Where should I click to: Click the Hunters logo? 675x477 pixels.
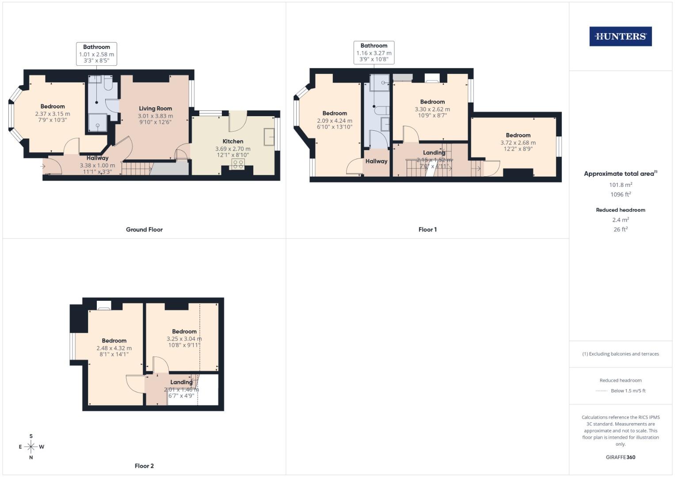click(x=620, y=37)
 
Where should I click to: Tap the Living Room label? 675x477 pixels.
click(x=155, y=109)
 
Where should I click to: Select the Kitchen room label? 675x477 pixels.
click(x=233, y=141)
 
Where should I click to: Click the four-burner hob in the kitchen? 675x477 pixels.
click(x=238, y=164)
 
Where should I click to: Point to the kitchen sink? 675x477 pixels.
click(x=269, y=136)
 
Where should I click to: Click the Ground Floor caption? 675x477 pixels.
click(x=144, y=230)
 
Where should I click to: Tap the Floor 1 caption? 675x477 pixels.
click(x=427, y=230)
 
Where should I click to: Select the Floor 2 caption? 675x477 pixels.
click(x=144, y=466)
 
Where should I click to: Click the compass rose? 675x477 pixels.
click(x=31, y=447)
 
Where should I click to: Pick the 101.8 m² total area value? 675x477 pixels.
click(x=620, y=185)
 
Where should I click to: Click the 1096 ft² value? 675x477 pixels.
click(x=620, y=194)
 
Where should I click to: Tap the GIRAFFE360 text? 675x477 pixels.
click(x=620, y=457)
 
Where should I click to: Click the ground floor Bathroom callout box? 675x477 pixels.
click(x=96, y=54)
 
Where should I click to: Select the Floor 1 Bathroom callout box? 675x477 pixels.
click(x=374, y=53)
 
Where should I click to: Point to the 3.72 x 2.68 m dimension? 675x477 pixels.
click(x=518, y=143)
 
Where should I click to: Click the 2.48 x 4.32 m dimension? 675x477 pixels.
click(x=114, y=348)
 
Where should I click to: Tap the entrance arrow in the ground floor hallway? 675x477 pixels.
click(x=43, y=166)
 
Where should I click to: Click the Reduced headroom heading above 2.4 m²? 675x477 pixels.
click(x=620, y=210)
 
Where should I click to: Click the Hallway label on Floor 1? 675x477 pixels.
click(x=376, y=161)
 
